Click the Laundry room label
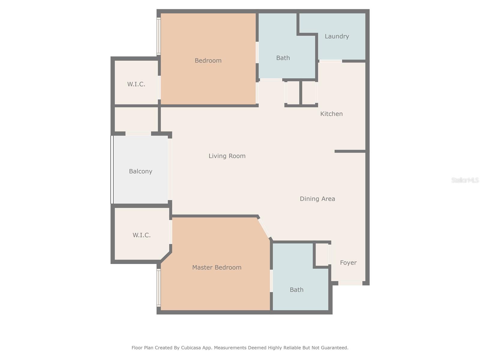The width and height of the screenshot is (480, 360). [337, 36]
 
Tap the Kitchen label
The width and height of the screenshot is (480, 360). [331, 114]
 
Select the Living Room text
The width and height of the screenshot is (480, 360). [227, 156]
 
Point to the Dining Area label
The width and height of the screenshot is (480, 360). [317, 199]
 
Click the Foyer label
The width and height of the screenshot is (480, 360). [348, 262]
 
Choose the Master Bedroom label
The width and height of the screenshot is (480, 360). [217, 267]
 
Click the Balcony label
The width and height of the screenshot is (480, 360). [140, 171]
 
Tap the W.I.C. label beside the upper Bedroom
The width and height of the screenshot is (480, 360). [136, 84]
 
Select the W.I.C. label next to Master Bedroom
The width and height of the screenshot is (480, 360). [141, 235]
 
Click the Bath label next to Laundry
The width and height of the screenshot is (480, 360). [283, 58]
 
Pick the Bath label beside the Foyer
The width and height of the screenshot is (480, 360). [296, 290]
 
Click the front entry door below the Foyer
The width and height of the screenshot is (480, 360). [350, 283]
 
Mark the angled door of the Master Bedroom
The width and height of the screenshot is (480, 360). [264, 228]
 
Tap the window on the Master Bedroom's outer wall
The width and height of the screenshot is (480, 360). [159, 287]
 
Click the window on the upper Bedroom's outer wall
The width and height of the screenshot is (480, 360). [159, 36]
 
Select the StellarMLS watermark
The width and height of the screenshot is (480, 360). [465, 180]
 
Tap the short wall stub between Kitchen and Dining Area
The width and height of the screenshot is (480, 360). [350, 151]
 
